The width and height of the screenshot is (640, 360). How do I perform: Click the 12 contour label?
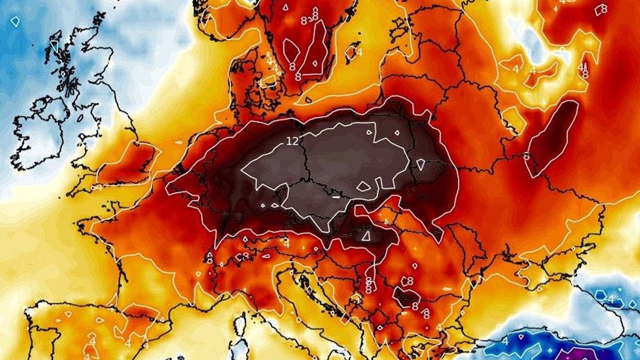tap(292, 141)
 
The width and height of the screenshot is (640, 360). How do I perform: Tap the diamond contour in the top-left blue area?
tap(15, 21)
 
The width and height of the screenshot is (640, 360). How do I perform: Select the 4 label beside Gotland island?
tap(359, 52)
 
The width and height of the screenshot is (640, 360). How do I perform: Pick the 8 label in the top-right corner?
tap(604, 9)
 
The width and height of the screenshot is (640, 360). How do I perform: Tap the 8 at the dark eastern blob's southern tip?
tap(527, 157)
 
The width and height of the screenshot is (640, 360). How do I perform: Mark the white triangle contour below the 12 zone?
tap(366, 235)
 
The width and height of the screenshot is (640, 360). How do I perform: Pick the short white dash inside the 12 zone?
tap(336, 196)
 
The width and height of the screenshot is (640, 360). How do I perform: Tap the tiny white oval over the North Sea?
tap(179, 143)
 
